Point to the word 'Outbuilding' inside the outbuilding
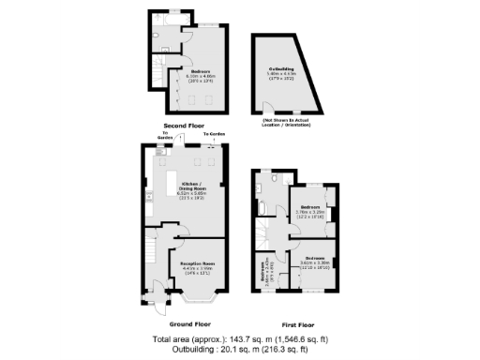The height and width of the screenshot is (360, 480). point(282,68)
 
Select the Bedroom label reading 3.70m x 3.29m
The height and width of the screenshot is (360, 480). point(309,209)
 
